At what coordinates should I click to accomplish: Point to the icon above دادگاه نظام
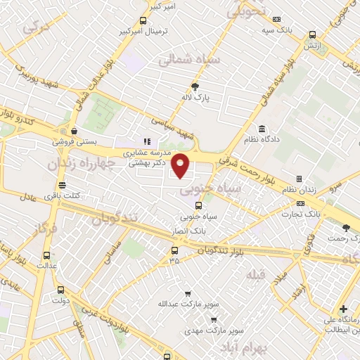click(262, 129)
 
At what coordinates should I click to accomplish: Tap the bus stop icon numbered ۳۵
click(174, 250)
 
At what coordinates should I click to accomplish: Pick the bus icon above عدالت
click(46, 256)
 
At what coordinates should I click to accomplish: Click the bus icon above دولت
click(60, 289)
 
